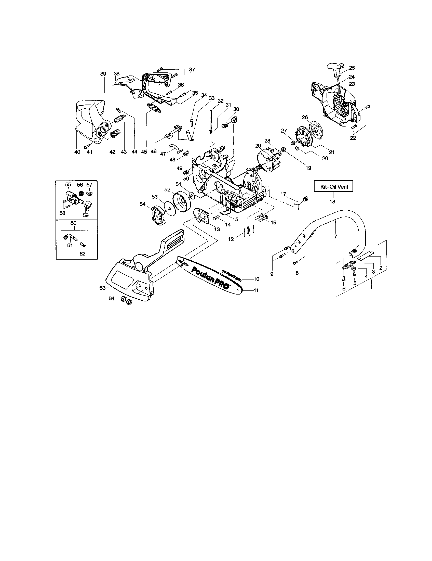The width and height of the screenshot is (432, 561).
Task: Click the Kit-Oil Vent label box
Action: click(334, 187)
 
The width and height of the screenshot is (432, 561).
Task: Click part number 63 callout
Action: click(102, 288)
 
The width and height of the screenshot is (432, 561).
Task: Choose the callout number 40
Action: click(77, 152)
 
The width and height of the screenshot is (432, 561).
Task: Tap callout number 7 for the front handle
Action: click(335, 237)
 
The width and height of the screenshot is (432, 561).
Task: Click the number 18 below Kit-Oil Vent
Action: click(332, 202)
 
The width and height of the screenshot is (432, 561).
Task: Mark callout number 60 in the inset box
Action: click(73, 223)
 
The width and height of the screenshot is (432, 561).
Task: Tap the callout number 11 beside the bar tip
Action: click(256, 290)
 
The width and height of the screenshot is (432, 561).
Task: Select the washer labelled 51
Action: click(192, 196)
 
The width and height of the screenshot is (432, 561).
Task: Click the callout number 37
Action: click(192, 70)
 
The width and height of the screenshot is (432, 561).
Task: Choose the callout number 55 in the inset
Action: click(68, 185)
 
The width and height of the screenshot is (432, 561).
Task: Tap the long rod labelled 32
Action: click(210, 121)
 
